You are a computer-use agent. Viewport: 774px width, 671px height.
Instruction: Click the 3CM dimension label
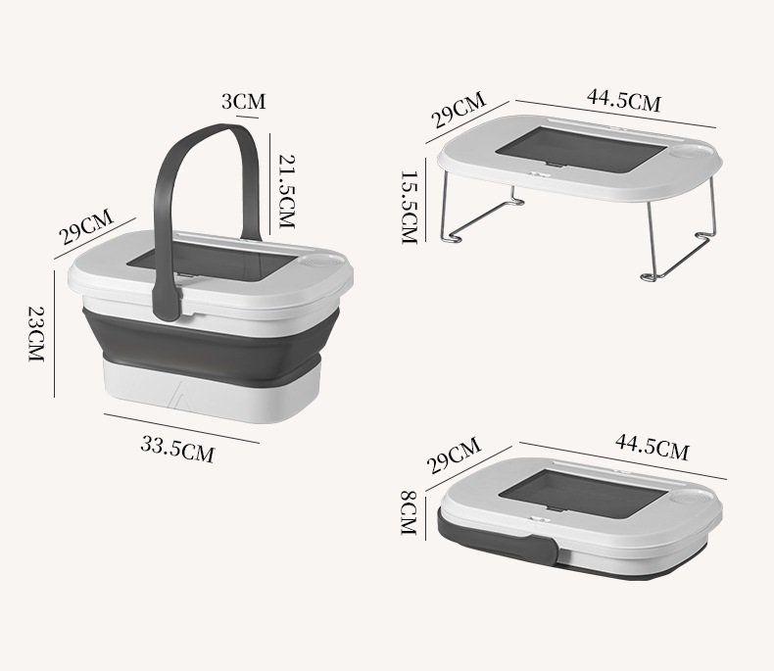243,101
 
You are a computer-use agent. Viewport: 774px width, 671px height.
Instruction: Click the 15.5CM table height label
409,206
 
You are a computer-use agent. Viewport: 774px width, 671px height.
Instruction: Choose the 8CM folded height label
409,511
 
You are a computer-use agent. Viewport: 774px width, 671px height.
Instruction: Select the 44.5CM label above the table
623,100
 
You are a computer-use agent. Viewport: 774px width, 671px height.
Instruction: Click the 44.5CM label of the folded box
652,448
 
